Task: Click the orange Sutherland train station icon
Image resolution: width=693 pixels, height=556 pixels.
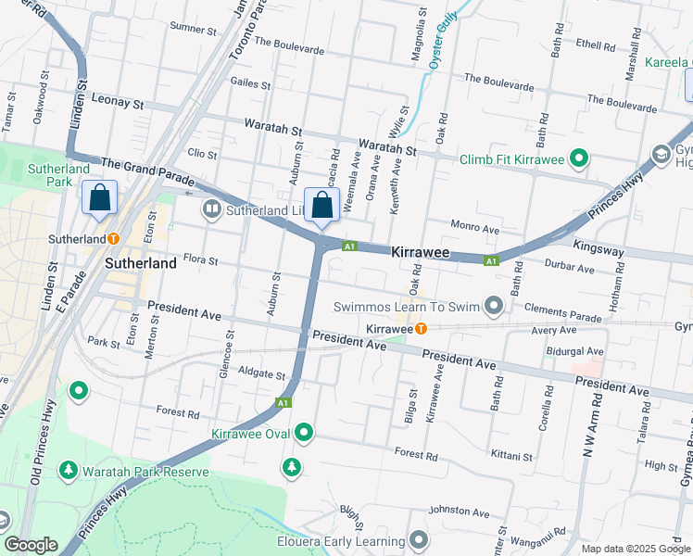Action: tap(113, 238)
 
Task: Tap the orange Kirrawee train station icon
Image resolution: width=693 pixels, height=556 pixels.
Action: tap(421, 329)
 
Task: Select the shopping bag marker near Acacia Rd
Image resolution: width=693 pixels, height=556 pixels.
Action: tap(321, 206)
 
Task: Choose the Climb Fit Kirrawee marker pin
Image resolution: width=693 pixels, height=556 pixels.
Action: tap(579, 160)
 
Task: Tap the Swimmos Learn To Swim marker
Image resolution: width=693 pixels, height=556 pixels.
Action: tap(494, 305)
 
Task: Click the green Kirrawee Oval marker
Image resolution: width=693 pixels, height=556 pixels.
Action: tap(304, 433)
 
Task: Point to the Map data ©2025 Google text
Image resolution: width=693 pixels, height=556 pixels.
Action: tap(635, 549)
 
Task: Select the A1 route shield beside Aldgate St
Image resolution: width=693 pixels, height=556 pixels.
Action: tap(284, 403)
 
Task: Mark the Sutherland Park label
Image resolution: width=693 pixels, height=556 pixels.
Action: tap(58, 175)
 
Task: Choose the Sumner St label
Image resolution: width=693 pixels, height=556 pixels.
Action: tap(193, 30)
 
